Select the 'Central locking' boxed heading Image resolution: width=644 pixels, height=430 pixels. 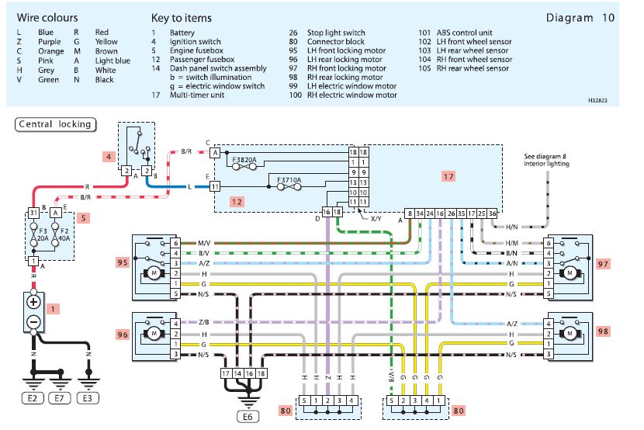click(x=54, y=124)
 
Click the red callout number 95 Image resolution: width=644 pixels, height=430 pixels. click(x=121, y=263)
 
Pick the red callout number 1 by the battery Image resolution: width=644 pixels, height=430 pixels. click(x=53, y=308)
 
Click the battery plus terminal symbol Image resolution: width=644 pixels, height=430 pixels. click(x=33, y=300)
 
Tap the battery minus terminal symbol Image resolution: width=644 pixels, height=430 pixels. click(x=33, y=321)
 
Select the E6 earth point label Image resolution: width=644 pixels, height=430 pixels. click(x=248, y=415)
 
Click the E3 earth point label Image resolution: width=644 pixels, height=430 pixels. click(x=89, y=399)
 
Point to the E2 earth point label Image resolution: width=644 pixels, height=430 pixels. click(x=33, y=399)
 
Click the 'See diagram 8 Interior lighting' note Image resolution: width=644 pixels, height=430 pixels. click(x=546, y=160)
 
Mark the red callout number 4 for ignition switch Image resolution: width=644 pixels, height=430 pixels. click(x=110, y=155)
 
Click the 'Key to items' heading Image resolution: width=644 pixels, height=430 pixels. click(x=181, y=17)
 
